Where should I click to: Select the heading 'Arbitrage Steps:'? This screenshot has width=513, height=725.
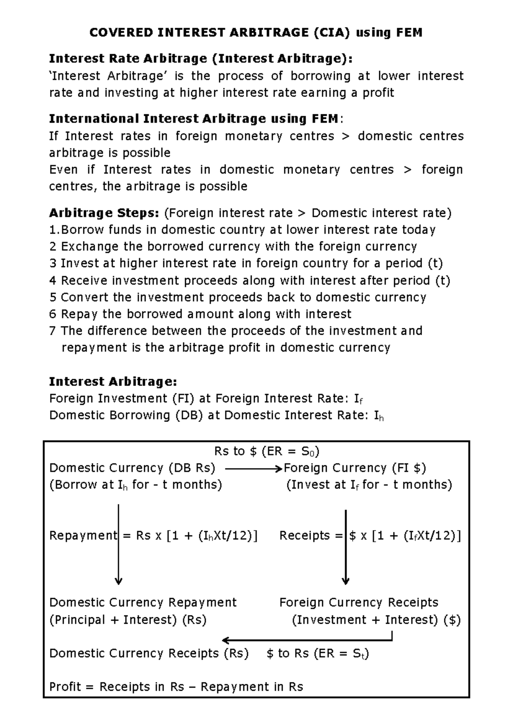click(104, 213)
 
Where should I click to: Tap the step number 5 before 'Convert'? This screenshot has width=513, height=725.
click(53, 298)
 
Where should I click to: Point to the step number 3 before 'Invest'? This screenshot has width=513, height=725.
click(53, 263)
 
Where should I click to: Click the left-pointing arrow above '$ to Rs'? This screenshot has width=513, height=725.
click(299, 640)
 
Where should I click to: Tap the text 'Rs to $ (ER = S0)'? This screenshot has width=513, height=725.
click(267, 451)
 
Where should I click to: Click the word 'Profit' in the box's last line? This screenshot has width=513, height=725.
click(65, 687)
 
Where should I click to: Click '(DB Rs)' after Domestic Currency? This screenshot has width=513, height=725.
click(192, 468)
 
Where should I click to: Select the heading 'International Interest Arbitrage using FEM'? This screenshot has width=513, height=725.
click(193, 118)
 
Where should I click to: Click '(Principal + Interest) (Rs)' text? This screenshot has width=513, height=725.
click(128, 620)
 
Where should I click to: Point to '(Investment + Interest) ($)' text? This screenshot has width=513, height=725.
click(376, 620)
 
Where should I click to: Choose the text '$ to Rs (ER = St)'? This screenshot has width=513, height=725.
click(317, 654)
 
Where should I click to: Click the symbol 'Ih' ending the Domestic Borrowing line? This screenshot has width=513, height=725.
click(378, 416)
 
